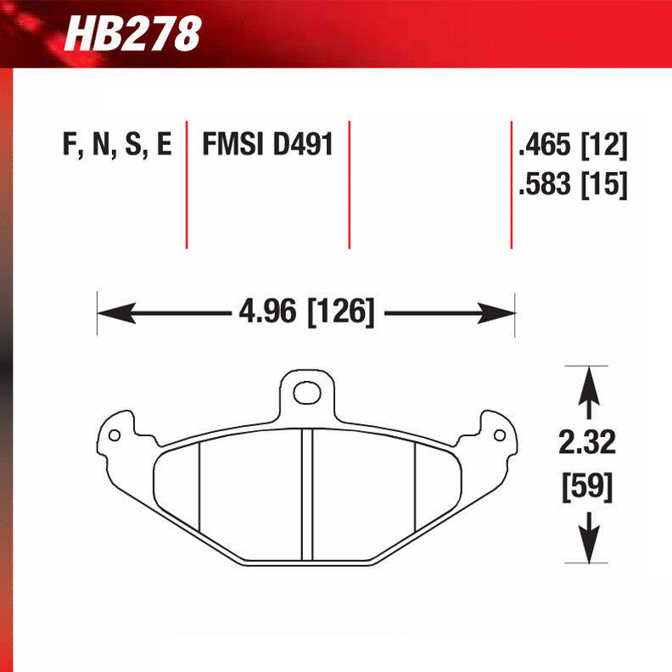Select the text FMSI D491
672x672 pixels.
[x=266, y=145]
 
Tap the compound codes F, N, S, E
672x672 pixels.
[x=116, y=145]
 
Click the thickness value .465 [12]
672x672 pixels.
[x=573, y=146]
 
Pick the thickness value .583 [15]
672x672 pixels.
[x=573, y=184]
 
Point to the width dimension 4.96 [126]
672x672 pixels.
[x=306, y=311]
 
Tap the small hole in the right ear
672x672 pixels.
[x=500, y=435]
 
